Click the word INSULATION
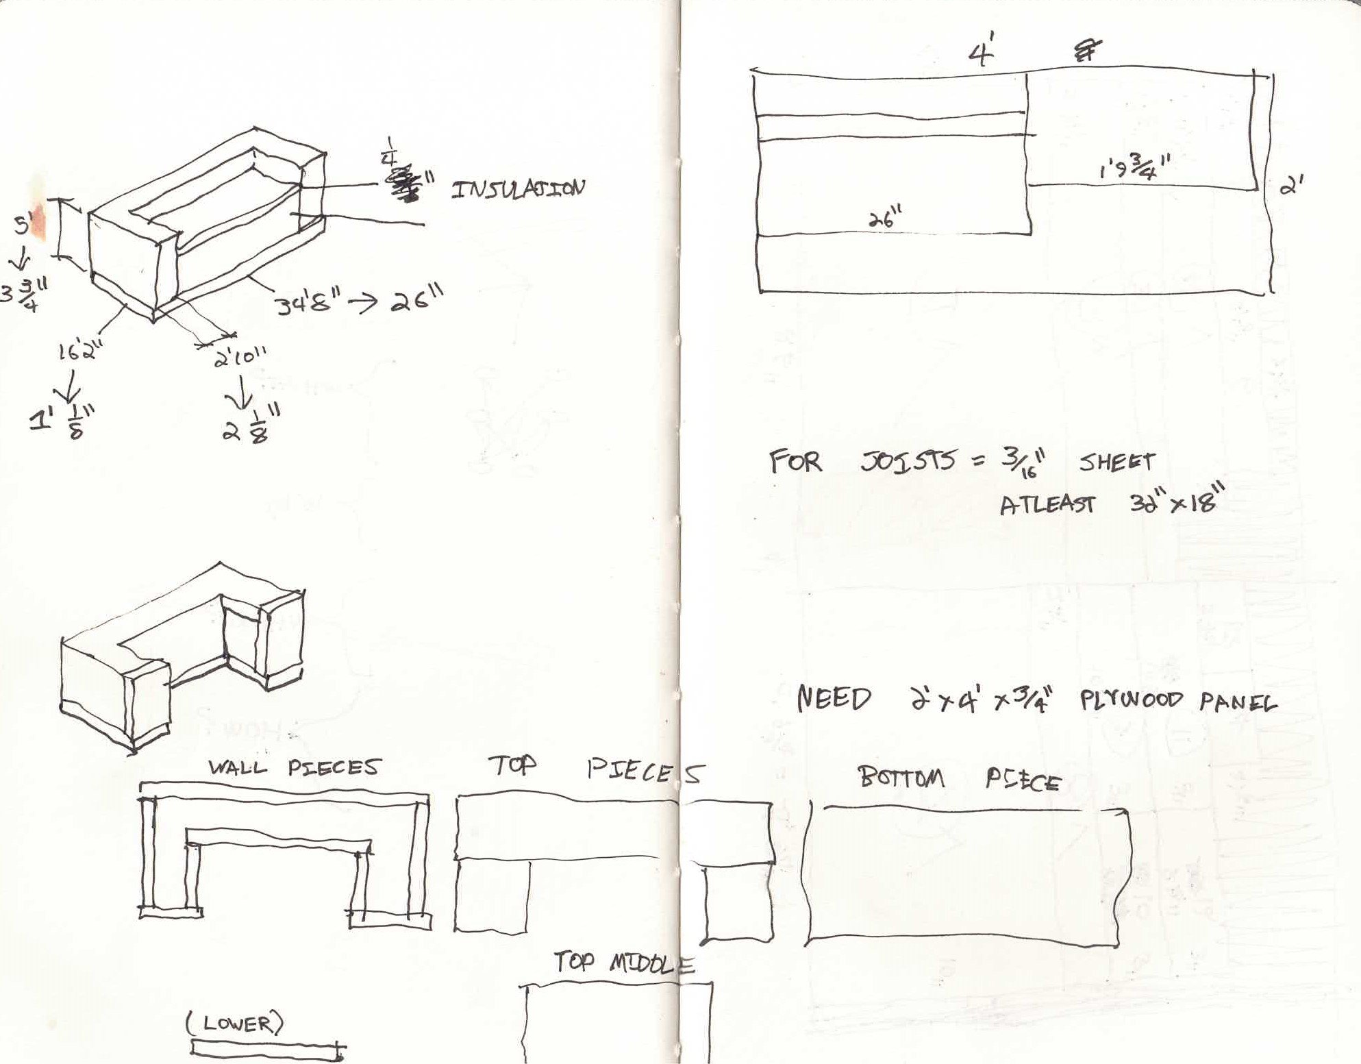[518, 188]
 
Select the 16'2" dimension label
[79, 352]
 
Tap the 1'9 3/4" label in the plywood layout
[1134, 167]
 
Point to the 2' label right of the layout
[1291, 185]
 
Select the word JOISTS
[908, 462]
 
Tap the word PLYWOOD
[1131, 700]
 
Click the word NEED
[834, 699]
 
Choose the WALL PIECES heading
[293, 767]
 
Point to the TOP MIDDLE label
[624, 963]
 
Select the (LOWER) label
[234, 1024]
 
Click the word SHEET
[1116, 462]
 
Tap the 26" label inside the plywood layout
[886, 220]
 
